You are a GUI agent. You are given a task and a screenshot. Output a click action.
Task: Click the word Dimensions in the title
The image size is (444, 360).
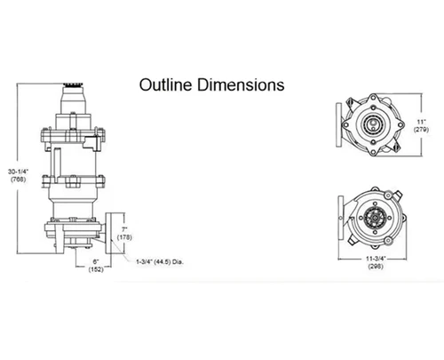(241, 84)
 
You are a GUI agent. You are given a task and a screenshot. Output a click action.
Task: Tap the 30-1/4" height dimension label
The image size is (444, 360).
(18, 172)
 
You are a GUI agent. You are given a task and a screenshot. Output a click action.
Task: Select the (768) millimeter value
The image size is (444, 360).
(19, 180)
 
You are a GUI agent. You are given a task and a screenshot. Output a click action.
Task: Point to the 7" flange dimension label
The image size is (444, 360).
(124, 229)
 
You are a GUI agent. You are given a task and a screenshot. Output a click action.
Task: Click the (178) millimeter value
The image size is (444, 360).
(124, 237)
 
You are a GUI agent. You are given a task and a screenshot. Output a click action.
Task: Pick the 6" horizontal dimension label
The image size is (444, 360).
(96, 261)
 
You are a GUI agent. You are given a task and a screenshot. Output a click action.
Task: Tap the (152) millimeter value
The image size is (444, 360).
(96, 269)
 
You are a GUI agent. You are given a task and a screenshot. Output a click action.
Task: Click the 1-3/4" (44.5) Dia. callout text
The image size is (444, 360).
(160, 262)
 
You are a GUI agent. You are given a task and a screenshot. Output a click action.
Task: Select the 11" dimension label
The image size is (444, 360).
(421, 122)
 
